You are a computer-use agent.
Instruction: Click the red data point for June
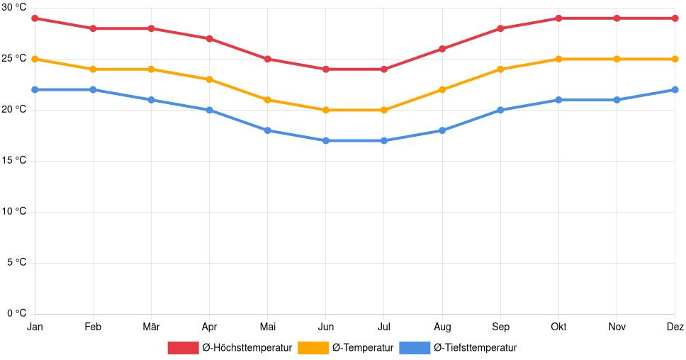point(325,69)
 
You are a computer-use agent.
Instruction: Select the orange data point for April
point(209,79)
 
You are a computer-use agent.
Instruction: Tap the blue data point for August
point(442,130)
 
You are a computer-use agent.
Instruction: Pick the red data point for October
point(558,18)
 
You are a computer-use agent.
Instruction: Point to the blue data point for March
point(151,100)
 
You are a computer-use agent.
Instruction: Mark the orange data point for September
point(500,69)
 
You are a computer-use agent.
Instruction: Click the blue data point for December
point(675,90)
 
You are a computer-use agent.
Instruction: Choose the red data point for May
point(267,59)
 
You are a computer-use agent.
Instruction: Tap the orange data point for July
point(383,110)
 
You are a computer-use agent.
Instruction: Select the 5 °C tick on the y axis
point(16,263)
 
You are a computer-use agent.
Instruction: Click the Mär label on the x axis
point(151,327)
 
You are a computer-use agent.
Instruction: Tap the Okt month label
point(558,327)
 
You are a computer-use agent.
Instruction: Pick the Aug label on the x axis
point(442,327)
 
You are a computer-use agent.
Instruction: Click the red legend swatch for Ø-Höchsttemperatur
point(183,348)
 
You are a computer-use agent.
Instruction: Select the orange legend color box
point(313,348)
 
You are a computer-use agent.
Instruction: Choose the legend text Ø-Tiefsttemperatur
point(475,348)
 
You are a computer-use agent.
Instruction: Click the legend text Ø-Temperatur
point(363,348)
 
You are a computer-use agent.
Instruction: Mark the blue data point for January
point(35,90)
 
